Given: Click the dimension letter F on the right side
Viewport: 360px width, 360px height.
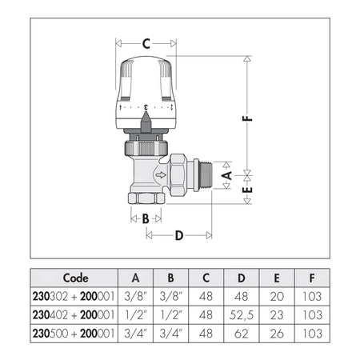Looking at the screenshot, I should pos(249,118).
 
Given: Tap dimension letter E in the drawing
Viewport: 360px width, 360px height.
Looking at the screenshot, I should pos(226,192).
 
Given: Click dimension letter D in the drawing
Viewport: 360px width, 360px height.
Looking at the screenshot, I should pos(179,235).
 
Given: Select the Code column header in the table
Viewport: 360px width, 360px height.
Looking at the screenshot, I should pos(75,278).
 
